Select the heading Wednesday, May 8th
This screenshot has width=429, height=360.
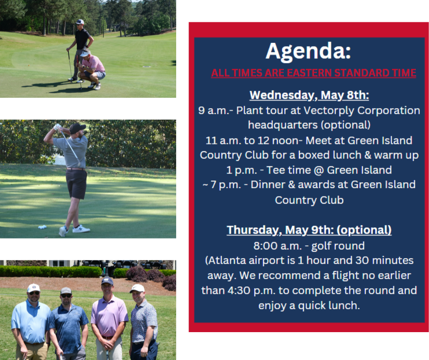point(309,95)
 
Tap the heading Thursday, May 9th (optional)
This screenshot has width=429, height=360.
point(309,230)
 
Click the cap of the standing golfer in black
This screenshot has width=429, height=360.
point(80,21)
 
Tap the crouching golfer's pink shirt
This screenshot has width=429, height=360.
point(93,64)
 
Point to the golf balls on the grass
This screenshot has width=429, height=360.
point(42,227)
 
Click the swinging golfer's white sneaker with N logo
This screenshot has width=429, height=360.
point(81,229)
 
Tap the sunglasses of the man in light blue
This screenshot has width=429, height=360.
point(34,293)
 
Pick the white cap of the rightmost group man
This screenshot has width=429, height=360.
point(137,288)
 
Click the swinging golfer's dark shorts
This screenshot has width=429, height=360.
point(76,184)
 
